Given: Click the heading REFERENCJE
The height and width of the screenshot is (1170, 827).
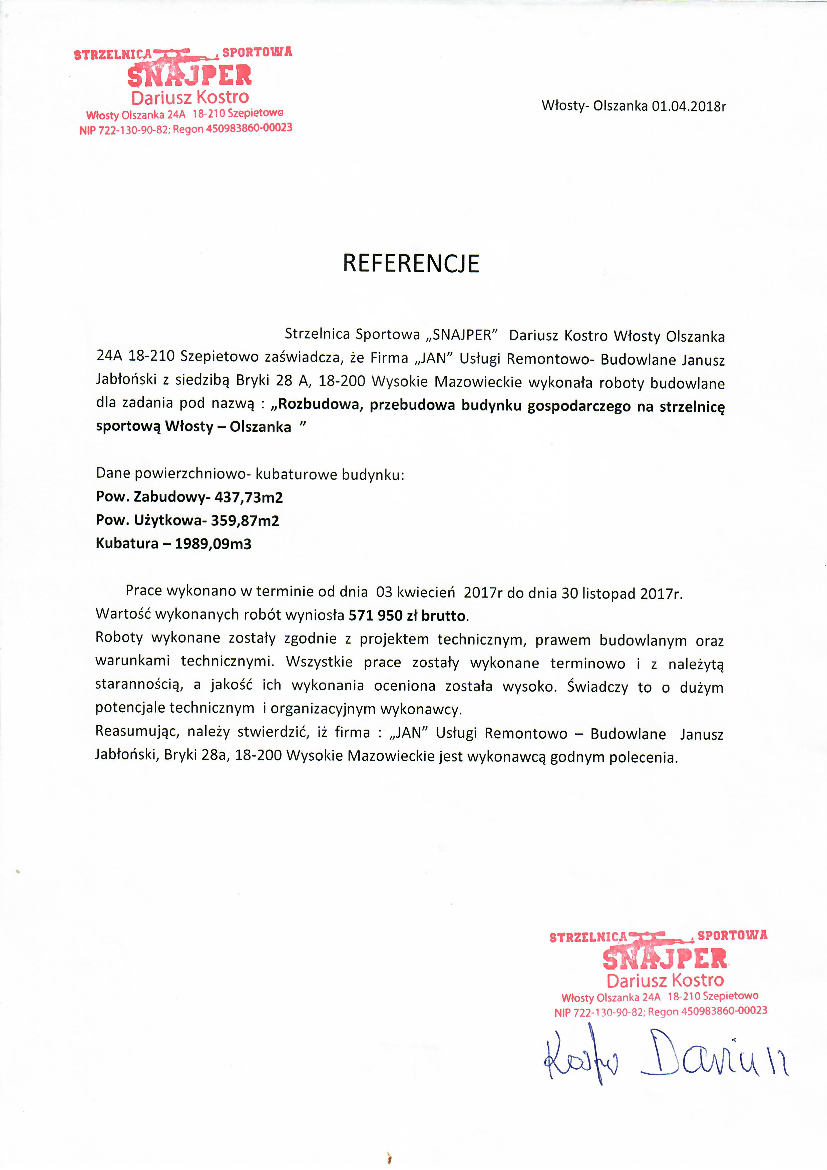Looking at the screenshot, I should (411, 264).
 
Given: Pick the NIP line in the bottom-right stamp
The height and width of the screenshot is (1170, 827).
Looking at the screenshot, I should (661, 1012).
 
